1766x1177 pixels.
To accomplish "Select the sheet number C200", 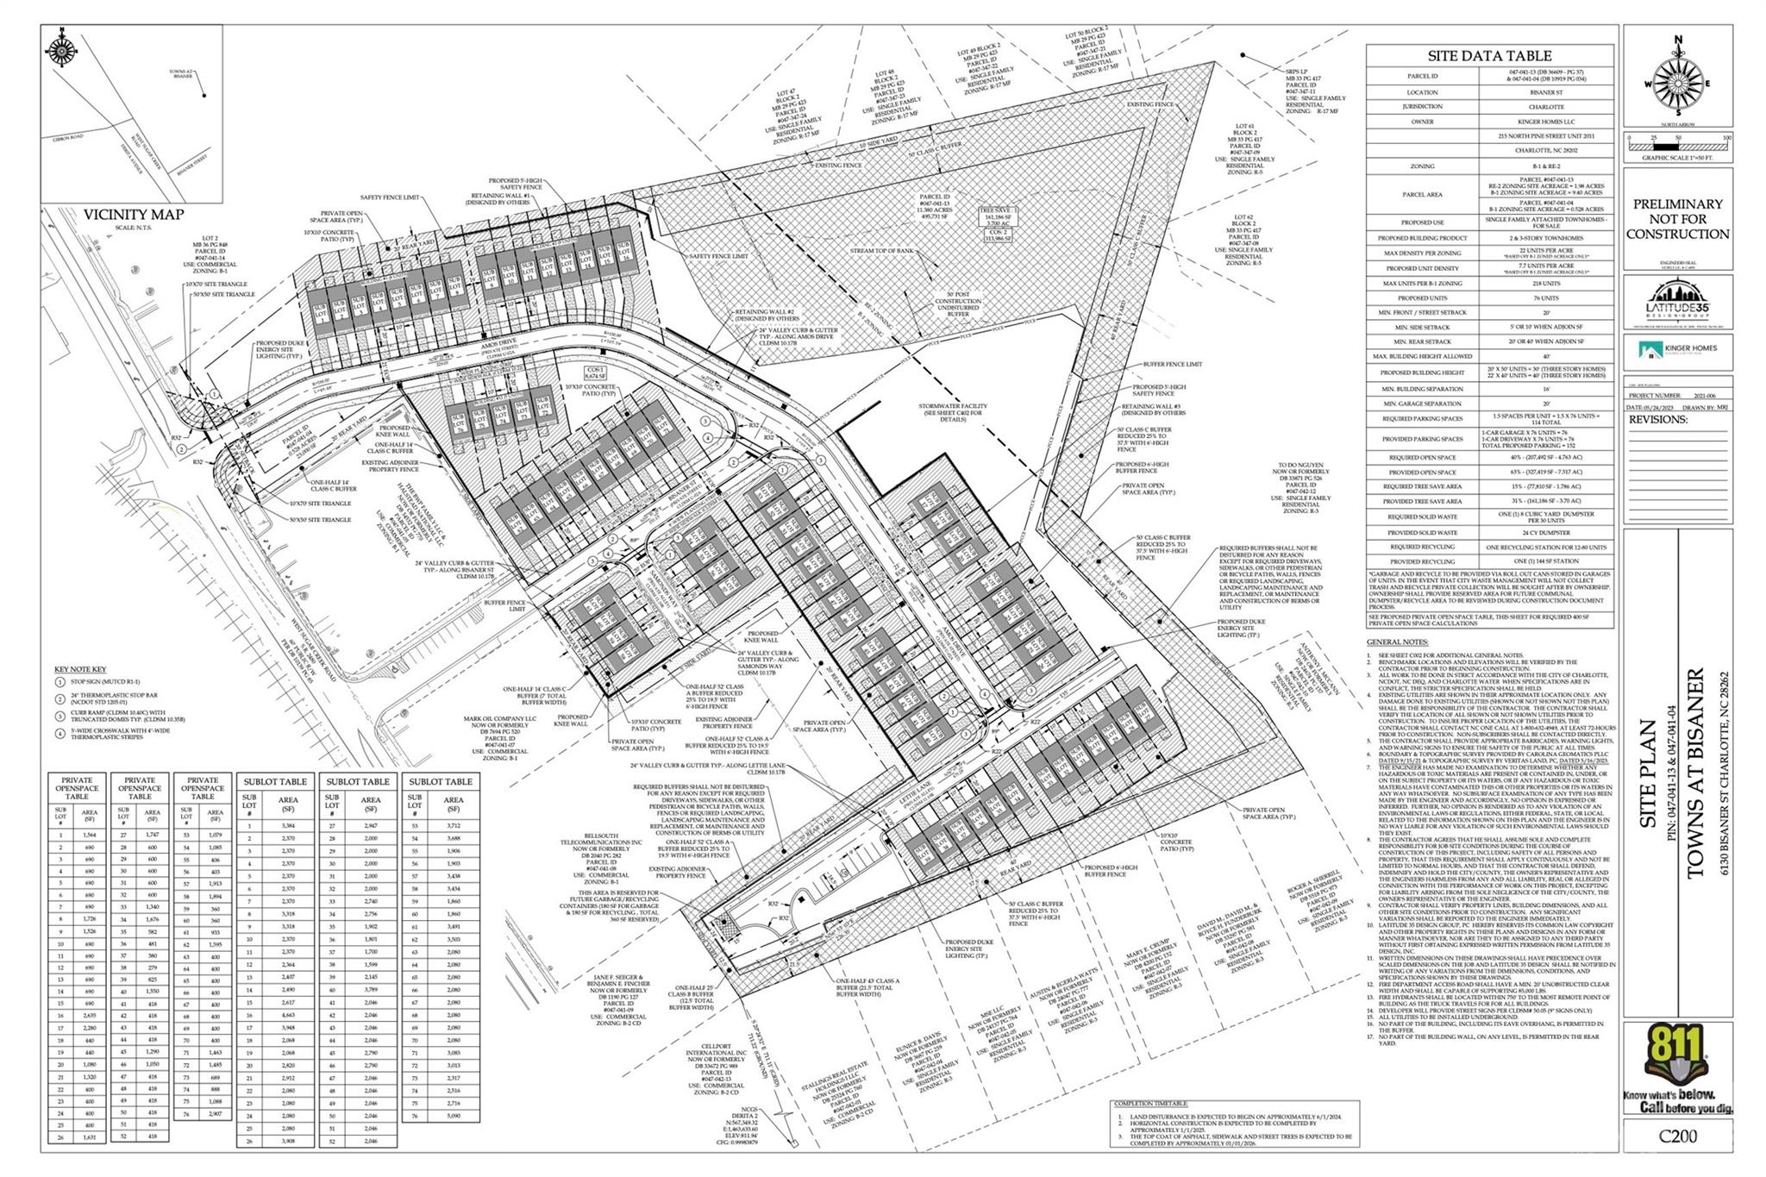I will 1677,1136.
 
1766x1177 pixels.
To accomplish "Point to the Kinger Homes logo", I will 1677,348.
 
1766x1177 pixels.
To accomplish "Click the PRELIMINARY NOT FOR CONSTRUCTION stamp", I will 1677,219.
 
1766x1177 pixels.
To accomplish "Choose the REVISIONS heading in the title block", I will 1658,420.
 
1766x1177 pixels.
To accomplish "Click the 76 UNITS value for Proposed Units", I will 1547,297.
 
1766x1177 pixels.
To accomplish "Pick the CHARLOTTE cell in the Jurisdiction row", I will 1547,107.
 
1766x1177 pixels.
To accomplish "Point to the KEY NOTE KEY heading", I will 80,669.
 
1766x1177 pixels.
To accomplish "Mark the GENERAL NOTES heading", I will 1397,642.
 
